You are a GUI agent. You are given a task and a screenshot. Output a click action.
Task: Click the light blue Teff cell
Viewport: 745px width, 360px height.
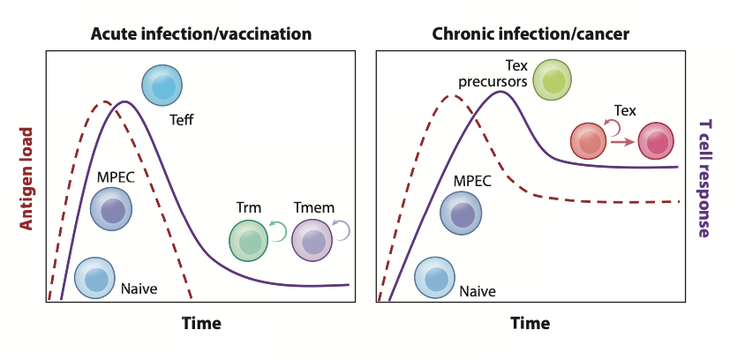pyautogui.click(x=163, y=86)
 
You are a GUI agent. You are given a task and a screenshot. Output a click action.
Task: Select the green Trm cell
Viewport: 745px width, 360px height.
pyautogui.click(x=250, y=240)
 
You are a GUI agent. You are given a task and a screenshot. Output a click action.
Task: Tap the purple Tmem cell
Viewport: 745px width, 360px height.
pyautogui.click(x=311, y=240)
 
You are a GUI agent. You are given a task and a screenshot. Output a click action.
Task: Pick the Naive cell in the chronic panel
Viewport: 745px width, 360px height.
pyautogui.click(x=435, y=278)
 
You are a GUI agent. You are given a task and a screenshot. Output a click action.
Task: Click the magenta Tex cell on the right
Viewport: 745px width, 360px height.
pyautogui.click(x=656, y=140)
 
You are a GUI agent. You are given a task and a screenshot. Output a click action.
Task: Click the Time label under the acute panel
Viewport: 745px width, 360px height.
pyautogui.click(x=201, y=323)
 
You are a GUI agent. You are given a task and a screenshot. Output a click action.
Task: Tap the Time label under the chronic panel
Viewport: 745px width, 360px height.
pyautogui.click(x=530, y=323)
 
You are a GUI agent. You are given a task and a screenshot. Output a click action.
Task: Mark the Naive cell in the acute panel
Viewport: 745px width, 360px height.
pyautogui.click(x=94, y=278)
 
